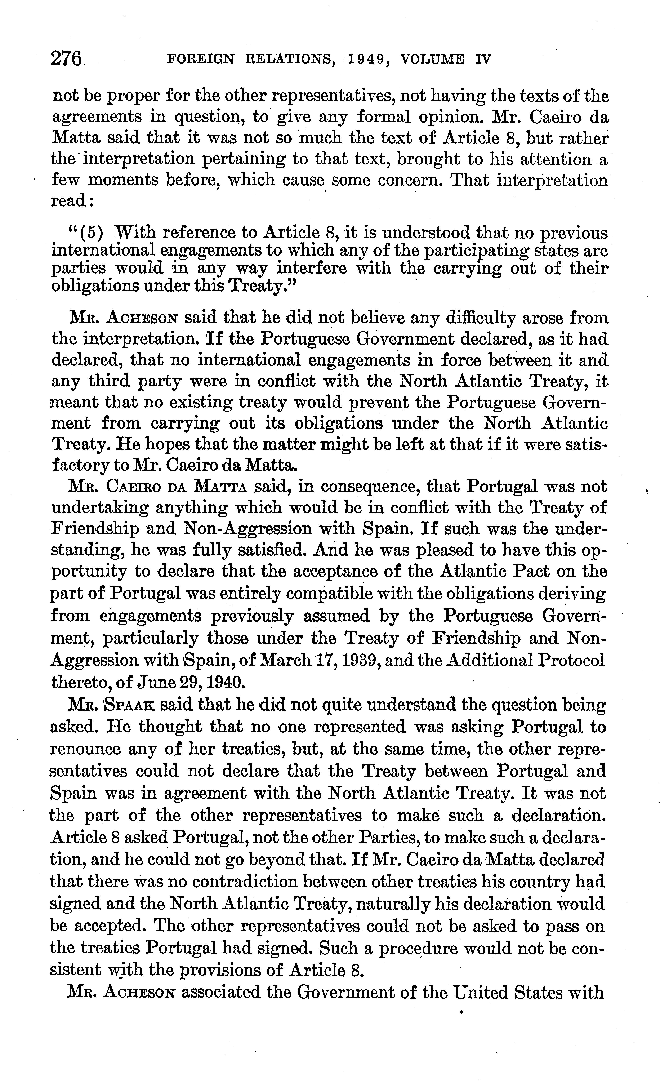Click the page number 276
coord(67,59)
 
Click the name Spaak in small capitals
coord(129,705)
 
